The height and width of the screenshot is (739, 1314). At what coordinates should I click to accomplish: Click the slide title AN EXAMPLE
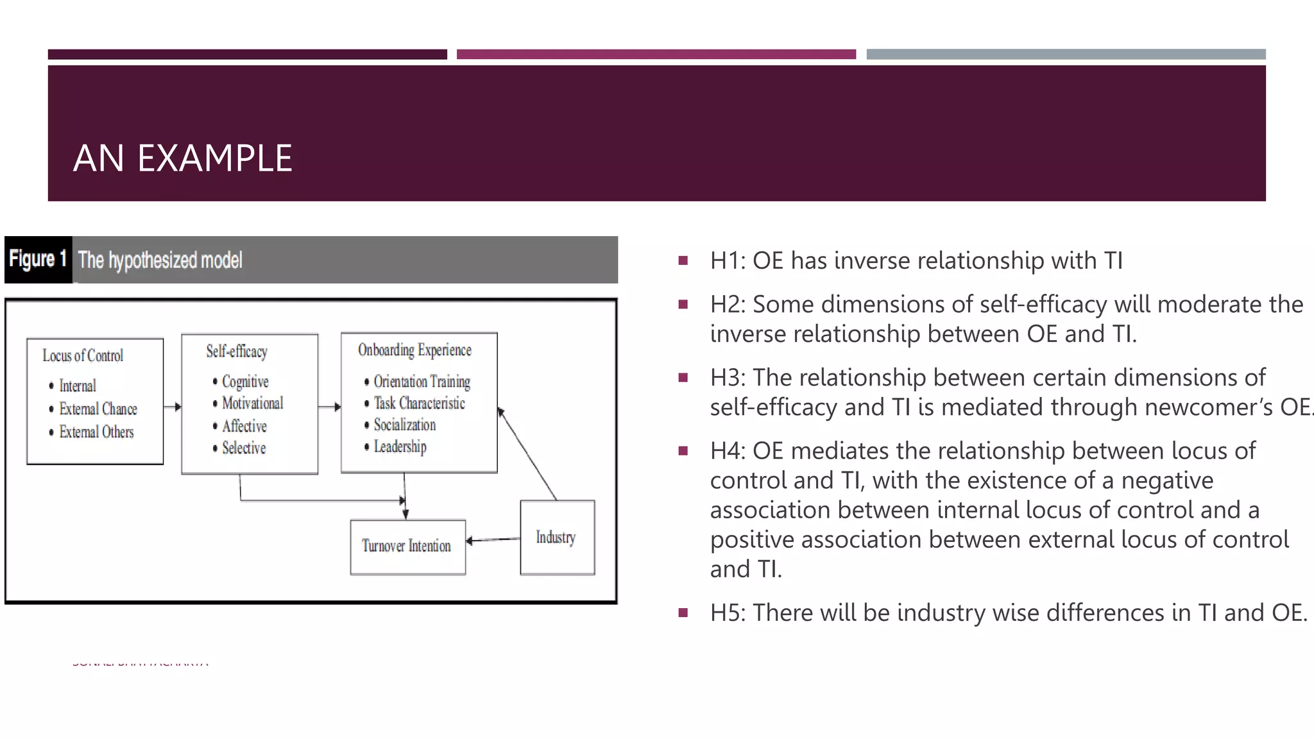pos(182,158)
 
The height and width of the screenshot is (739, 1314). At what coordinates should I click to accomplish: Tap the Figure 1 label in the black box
pos(38,259)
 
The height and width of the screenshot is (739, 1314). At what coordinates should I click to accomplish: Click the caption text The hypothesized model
pos(160,260)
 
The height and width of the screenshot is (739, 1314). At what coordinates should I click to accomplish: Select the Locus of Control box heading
pos(83,355)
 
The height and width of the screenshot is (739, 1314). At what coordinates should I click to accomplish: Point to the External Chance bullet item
pos(98,409)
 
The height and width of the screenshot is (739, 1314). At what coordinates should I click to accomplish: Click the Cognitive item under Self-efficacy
pos(245,382)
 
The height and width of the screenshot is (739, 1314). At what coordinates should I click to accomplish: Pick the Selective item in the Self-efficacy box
pos(244,448)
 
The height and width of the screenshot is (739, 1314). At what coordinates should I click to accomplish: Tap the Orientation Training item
pos(422,382)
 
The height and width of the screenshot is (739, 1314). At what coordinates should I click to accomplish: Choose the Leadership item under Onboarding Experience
pos(400,446)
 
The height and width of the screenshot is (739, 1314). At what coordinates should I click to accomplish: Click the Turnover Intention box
pos(407,546)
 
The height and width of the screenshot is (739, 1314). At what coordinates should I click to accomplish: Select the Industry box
pos(556,538)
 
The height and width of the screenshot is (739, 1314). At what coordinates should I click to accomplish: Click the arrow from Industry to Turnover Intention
pos(493,540)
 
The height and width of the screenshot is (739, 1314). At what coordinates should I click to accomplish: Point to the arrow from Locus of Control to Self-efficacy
pos(172,407)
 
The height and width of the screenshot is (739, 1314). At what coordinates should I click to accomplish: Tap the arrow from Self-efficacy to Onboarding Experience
pos(329,407)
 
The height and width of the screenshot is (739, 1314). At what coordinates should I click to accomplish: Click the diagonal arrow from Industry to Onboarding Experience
pos(528,454)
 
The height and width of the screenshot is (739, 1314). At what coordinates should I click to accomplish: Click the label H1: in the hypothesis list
pos(728,261)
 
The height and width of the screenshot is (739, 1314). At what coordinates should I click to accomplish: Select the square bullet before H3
pos(683,377)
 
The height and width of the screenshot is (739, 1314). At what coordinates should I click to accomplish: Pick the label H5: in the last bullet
pos(728,613)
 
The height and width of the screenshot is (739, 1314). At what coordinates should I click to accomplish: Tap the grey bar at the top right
pos(1066,55)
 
